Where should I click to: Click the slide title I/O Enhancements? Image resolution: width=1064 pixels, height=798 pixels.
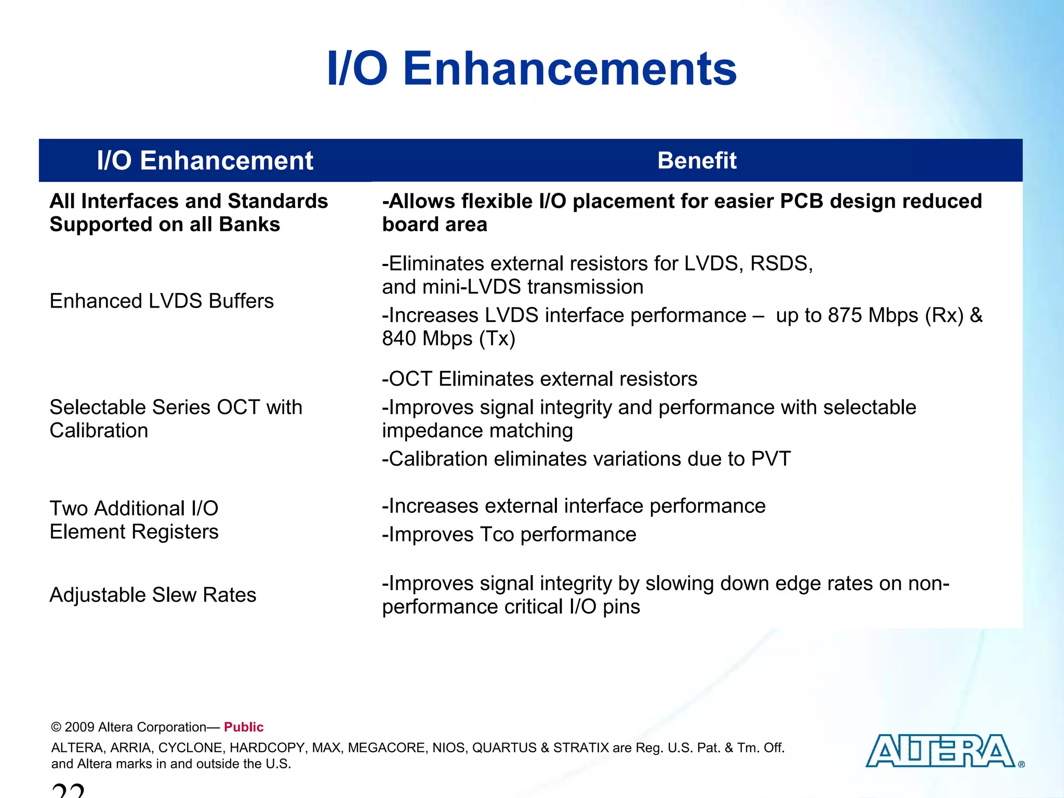coord(531,69)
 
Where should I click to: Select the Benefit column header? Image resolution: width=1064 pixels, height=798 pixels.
coord(696,161)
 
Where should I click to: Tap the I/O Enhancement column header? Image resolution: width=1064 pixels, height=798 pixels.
coord(205,161)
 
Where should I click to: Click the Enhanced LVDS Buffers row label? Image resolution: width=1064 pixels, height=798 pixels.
coord(161,301)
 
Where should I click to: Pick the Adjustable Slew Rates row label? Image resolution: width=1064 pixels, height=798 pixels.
coord(153,595)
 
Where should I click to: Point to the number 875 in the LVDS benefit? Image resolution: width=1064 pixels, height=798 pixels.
coord(845,315)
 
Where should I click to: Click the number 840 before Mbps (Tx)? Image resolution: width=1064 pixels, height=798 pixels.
coord(399,339)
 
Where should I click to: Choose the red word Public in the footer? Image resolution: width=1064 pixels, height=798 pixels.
coord(244,727)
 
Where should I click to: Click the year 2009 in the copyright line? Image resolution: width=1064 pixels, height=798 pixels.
coord(79,727)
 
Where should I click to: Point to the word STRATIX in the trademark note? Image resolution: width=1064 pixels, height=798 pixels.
coord(580,748)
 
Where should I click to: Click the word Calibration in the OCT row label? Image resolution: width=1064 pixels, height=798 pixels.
coord(99,431)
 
